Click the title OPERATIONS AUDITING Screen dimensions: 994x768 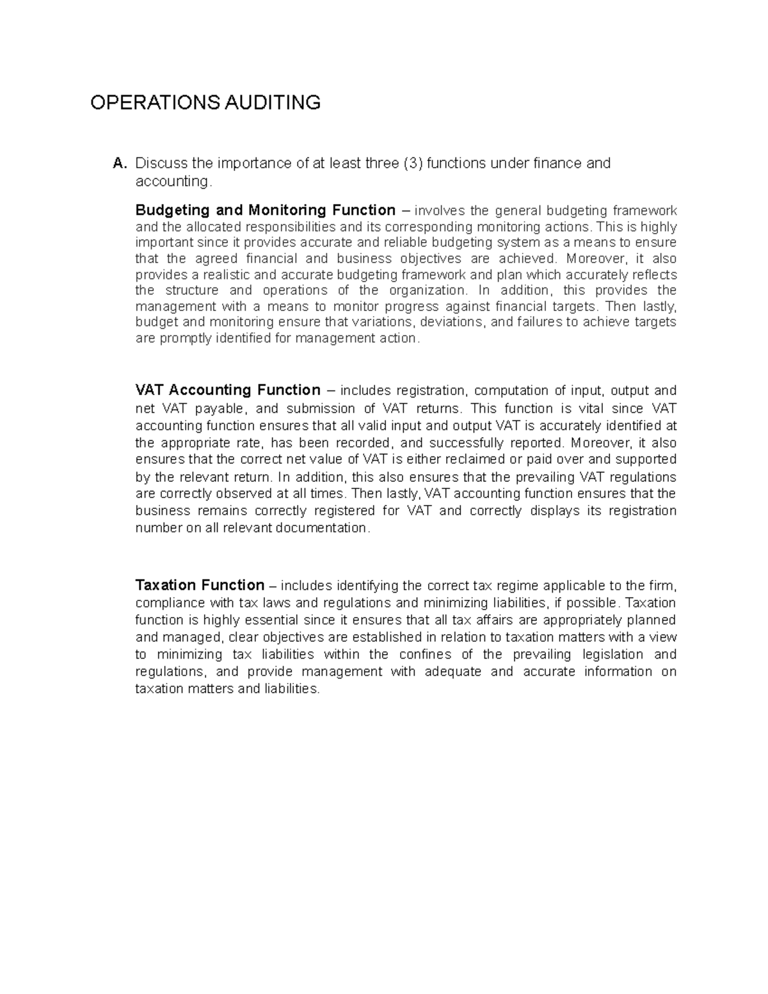(205, 102)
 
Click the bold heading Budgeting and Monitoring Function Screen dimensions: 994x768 (266, 211)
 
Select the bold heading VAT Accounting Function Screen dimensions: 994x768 (228, 390)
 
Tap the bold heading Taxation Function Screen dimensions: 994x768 (200, 586)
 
